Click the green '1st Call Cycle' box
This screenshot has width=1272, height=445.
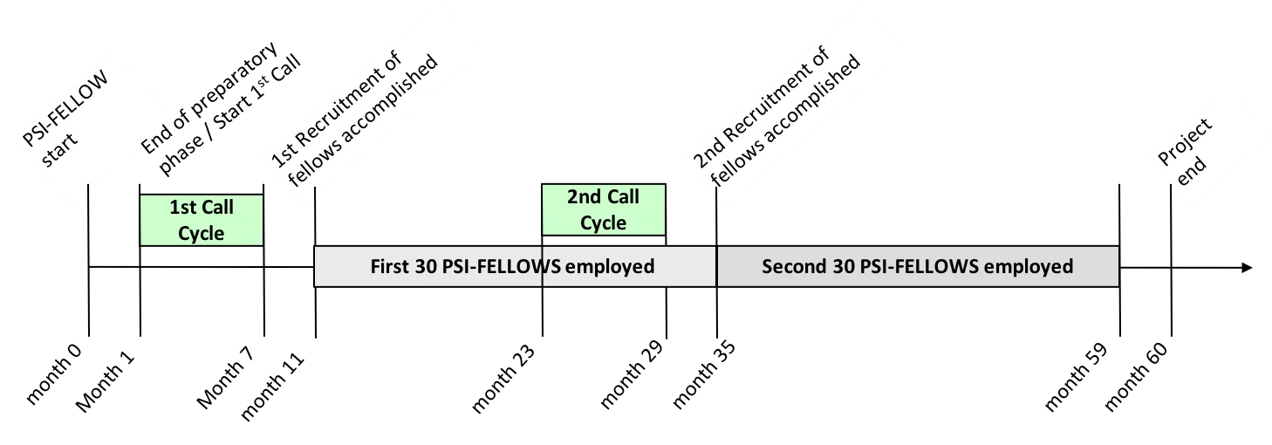pos(202,220)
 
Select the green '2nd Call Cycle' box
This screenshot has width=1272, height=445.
pos(603,209)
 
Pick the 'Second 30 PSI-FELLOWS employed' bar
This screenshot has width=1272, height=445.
pos(917,266)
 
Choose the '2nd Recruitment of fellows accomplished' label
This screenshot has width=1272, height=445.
pos(781,109)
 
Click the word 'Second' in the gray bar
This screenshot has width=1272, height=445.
pos(791,266)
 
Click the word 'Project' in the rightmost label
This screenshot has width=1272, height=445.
pos(1185,141)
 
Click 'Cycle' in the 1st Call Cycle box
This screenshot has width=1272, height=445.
pos(202,233)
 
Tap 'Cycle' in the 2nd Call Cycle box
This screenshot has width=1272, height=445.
pos(603,223)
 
